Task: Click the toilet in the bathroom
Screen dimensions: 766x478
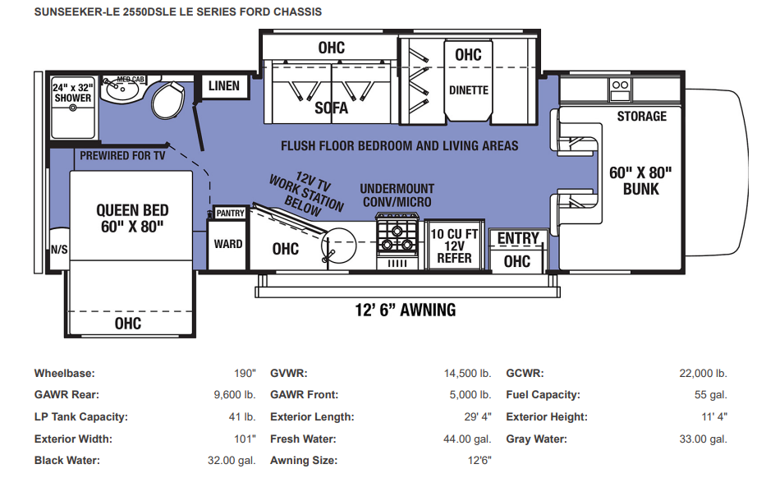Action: coord(167,100)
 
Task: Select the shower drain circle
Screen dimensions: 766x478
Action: coord(73,108)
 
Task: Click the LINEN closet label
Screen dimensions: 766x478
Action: coord(224,86)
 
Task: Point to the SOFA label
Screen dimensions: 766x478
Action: coord(331,108)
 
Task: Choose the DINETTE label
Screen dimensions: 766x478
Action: coord(469,90)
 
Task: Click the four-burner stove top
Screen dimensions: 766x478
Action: coord(397,236)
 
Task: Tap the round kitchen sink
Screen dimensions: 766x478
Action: coord(339,243)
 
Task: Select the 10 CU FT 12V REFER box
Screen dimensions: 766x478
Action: coord(454,246)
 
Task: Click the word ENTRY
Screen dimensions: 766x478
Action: coord(518,238)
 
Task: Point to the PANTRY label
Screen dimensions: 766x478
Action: coord(230,213)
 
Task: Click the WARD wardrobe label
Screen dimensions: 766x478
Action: coord(228,244)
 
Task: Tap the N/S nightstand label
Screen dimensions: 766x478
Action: coord(60,250)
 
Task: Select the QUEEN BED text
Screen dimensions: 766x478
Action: coord(132,210)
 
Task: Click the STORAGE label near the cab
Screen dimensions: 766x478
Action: coord(641,117)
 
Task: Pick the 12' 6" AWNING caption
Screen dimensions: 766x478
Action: coord(405,310)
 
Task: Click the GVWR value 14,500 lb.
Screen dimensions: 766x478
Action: coord(467,374)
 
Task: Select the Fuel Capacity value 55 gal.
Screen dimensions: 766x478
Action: coord(711,395)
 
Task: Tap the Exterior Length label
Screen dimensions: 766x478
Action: coord(312,417)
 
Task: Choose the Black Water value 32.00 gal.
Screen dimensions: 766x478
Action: coord(232,461)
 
